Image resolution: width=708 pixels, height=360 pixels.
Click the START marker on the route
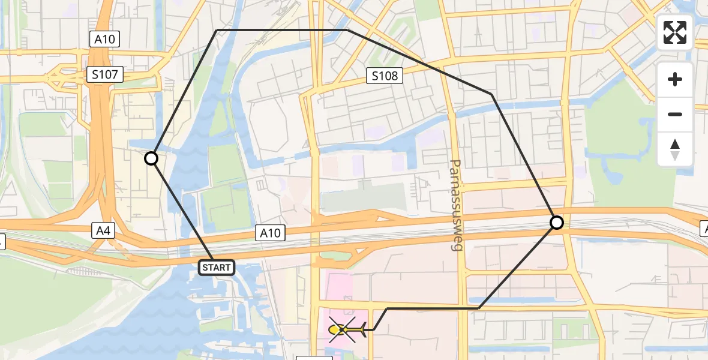click(x=217, y=268)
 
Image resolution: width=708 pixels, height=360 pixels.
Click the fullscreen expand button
click(x=675, y=32)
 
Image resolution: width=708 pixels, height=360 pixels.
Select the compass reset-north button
click(x=675, y=149)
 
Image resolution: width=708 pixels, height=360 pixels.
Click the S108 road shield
click(x=384, y=76)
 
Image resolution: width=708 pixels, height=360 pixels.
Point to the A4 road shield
click(x=101, y=230)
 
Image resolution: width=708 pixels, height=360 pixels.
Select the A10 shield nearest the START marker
click(x=270, y=233)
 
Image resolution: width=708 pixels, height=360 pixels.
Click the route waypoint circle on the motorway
click(x=557, y=223)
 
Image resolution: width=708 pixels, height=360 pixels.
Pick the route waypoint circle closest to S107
click(x=151, y=158)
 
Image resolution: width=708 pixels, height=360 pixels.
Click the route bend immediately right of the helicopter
click(x=373, y=329)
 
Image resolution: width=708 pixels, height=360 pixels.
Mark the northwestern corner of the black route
click(x=217, y=30)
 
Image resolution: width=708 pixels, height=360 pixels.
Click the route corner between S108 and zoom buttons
click(x=492, y=94)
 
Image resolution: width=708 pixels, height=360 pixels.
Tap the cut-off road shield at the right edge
click(x=704, y=228)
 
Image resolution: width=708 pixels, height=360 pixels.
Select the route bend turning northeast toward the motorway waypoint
click(x=479, y=308)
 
